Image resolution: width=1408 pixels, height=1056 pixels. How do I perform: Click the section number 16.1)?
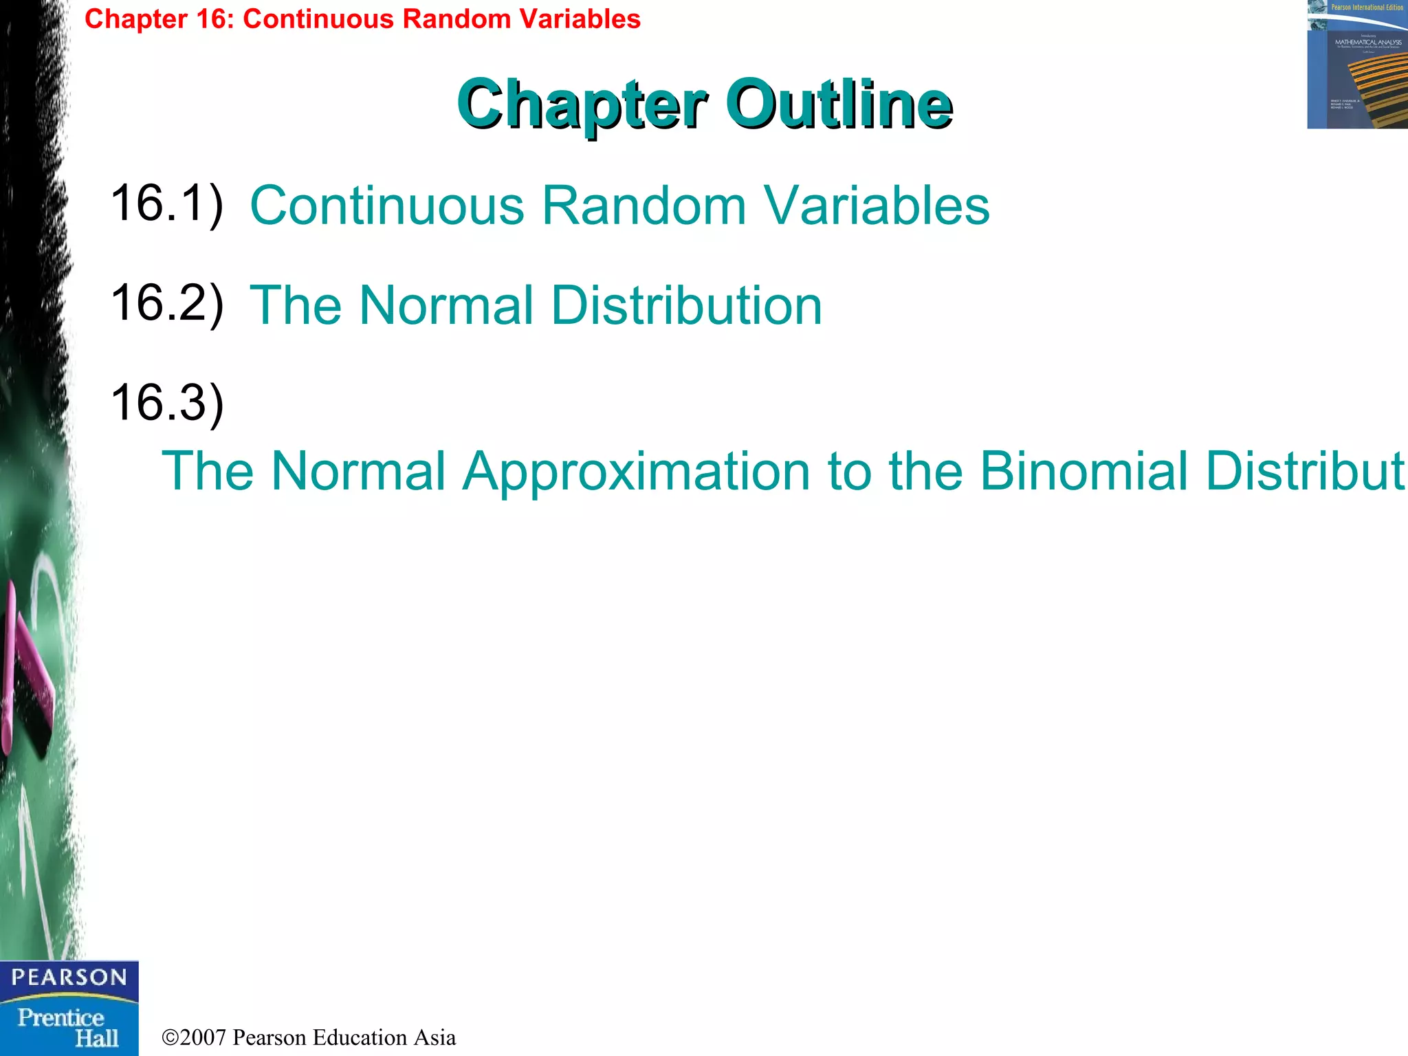167,203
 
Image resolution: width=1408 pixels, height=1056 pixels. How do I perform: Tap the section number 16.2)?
167,303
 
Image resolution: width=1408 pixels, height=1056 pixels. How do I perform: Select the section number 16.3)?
167,403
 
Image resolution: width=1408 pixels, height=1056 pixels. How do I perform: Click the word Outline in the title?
839,104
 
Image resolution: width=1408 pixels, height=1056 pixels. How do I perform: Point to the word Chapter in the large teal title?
582,105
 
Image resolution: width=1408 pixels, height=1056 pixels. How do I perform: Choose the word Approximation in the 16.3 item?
636,472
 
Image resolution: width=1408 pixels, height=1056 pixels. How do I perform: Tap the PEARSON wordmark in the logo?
69,977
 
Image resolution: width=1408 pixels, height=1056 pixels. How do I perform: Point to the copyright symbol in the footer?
170,1037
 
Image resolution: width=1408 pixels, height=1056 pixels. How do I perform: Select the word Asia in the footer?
434,1037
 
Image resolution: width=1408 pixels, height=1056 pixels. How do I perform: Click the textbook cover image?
1357,65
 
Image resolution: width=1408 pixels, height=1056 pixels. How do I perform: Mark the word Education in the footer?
359,1037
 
